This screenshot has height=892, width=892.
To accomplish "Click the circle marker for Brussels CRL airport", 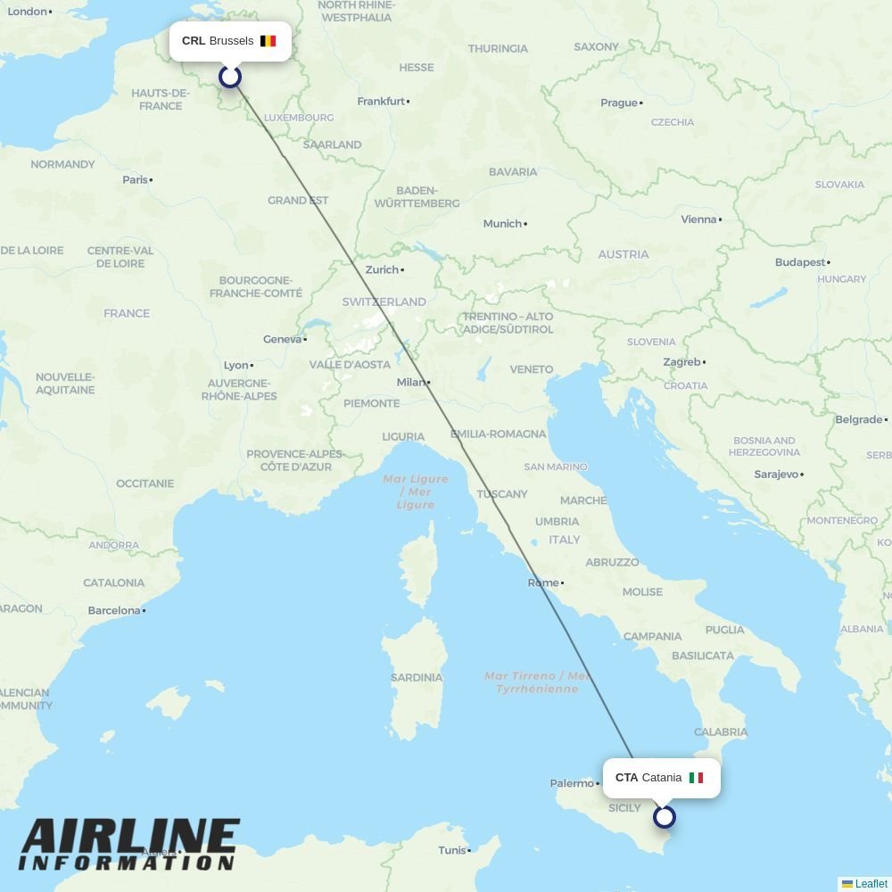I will (230, 77).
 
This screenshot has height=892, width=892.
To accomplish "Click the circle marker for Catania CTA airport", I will (664, 816).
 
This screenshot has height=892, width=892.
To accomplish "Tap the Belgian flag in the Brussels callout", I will (268, 41).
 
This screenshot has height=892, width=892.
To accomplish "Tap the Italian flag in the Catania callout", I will (696, 778).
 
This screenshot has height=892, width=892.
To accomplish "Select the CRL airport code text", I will (194, 41).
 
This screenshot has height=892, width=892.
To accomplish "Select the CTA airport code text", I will (626, 778).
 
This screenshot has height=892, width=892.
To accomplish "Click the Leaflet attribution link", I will (871, 884).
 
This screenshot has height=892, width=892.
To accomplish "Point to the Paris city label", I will (136, 180).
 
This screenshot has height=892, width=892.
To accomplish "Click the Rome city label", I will (543, 582).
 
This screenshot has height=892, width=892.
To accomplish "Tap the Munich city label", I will (502, 224).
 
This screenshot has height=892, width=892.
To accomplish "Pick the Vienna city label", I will (698, 219).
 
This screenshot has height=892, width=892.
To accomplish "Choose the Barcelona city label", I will (114, 611).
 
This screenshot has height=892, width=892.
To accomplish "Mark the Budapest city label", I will (800, 262).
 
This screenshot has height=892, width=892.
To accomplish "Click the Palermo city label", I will (572, 783).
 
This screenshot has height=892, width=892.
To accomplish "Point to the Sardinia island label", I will (416, 677).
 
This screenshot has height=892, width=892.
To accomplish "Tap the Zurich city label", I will (382, 269).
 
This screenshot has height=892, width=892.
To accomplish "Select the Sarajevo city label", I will (776, 475).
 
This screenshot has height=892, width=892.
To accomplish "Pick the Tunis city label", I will (452, 850).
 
